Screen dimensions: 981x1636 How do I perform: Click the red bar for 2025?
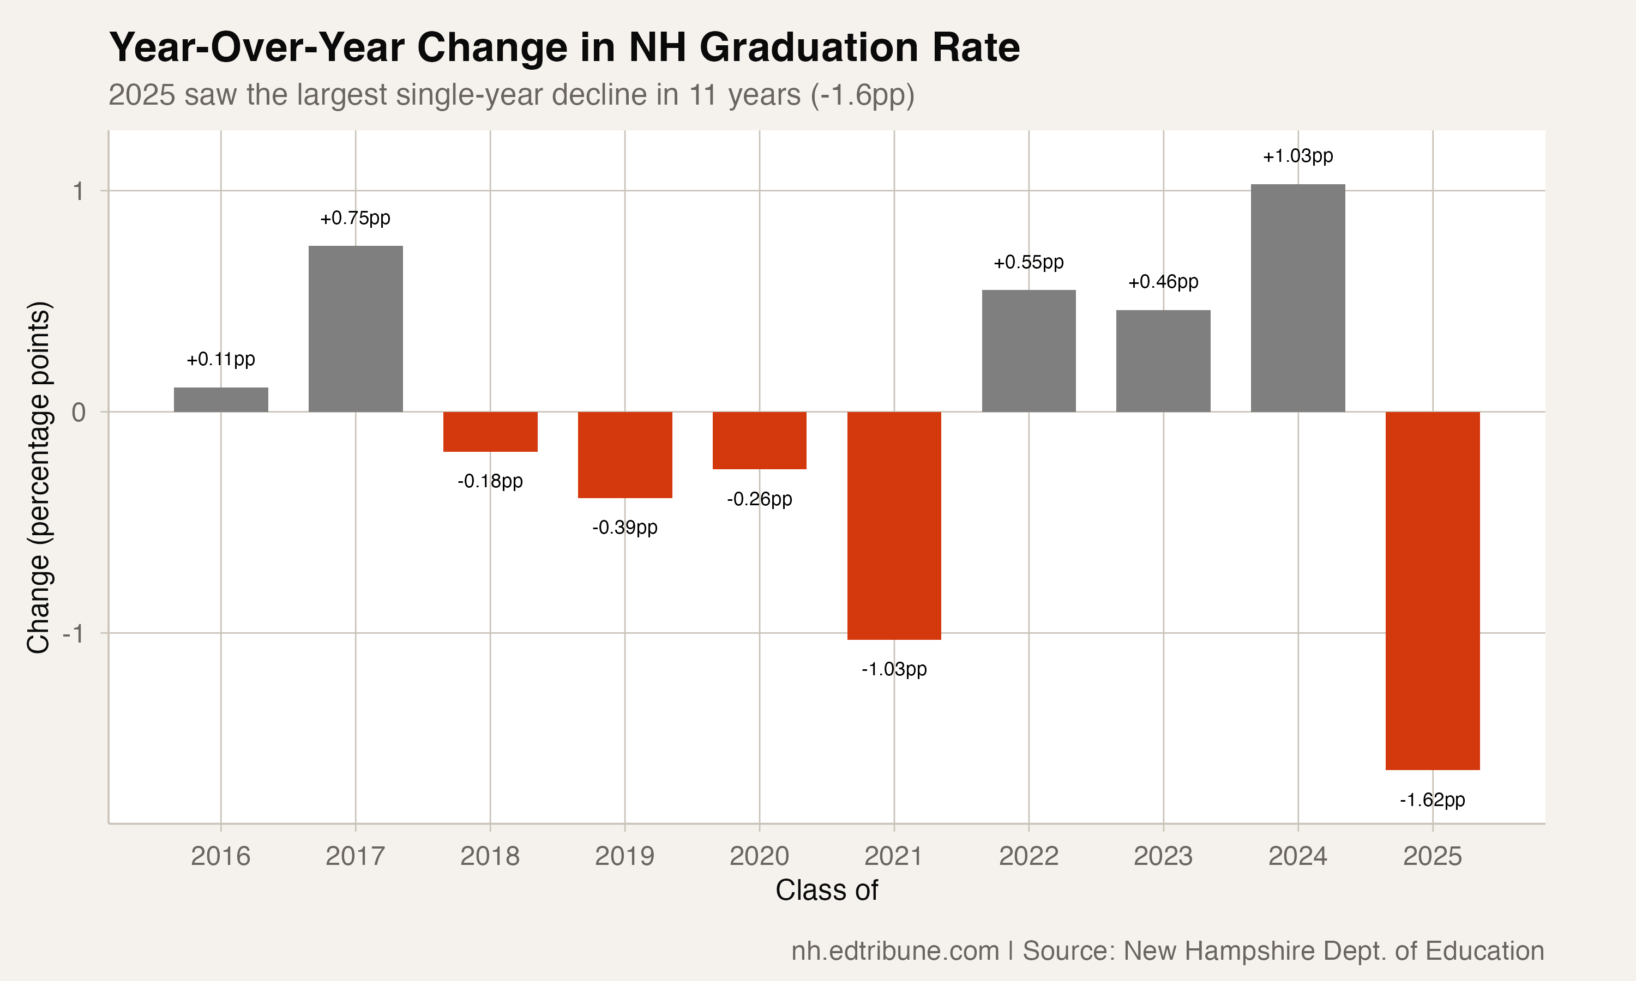coord(1433,590)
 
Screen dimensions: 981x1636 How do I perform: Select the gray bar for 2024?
coord(1297,298)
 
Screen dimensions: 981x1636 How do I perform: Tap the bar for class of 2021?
coord(894,525)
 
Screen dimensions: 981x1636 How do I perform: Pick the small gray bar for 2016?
coord(221,399)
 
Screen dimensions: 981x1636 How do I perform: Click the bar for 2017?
coord(356,329)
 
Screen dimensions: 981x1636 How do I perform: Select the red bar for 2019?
coord(625,455)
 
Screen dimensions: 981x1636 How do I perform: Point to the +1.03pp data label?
coord(1297,156)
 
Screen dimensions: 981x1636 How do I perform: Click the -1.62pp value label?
coord(1433,800)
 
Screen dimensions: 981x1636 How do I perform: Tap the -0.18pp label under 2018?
coord(490,481)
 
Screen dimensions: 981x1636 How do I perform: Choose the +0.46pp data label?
coord(1163,282)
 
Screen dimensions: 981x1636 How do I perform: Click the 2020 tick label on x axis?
coord(759,856)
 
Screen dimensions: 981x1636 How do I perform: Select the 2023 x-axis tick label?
coord(1163,856)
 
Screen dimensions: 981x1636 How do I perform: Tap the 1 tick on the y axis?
coord(79,192)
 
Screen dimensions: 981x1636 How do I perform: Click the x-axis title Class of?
coord(827,891)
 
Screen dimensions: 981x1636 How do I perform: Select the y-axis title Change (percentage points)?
coord(38,477)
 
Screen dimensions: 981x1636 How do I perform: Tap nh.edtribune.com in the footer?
coord(895,950)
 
